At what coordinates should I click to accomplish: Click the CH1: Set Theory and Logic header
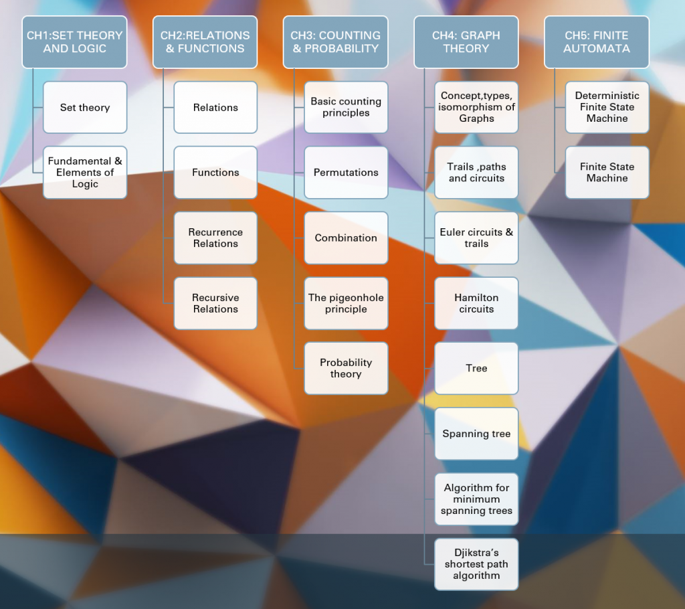coord(74,41)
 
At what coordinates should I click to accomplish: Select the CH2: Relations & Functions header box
coord(205,41)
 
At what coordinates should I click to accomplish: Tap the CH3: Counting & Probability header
coord(336,41)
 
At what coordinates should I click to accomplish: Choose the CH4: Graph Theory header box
coord(466,41)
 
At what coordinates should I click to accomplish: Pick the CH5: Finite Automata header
coord(596,41)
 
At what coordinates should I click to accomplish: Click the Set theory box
coord(85,107)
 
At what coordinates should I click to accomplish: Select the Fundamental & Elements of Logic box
coord(85,172)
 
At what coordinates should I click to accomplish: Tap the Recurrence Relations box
coord(215,238)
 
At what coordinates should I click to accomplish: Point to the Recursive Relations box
coord(215,303)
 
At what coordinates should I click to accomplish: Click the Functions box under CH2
coord(215,172)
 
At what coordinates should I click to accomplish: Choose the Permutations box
coord(346,172)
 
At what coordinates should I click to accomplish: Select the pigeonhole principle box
coord(346,303)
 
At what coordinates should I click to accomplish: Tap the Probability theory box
coord(346,368)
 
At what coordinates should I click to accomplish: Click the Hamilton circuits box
coord(476,303)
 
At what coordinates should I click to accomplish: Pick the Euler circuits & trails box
coord(476,238)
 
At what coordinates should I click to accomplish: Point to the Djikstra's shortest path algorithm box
coord(476,564)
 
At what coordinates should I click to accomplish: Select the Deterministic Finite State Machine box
coord(607,107)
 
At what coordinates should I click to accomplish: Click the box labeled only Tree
coord(476,368)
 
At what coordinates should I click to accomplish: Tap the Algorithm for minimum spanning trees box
coord(476,499)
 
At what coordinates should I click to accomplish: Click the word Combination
coord(346,238)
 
